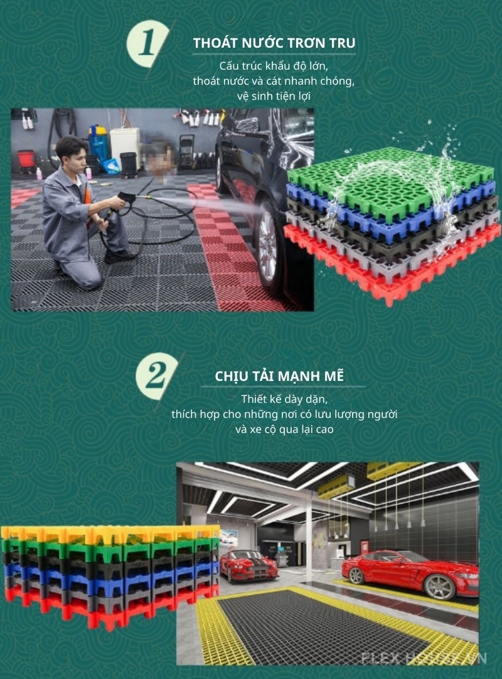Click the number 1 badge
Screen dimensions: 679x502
(x=148, y=44)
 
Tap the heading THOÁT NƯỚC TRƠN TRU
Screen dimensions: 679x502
(x=274, y=43)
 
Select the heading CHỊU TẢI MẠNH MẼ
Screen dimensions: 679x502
(x=280, y=377)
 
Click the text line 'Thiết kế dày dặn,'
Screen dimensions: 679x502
(x=285, y=399)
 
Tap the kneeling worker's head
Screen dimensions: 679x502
(x=70, y=152)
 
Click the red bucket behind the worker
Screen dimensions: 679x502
(x=26, y=161)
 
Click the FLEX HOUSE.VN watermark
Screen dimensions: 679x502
(x=424, y=658)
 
